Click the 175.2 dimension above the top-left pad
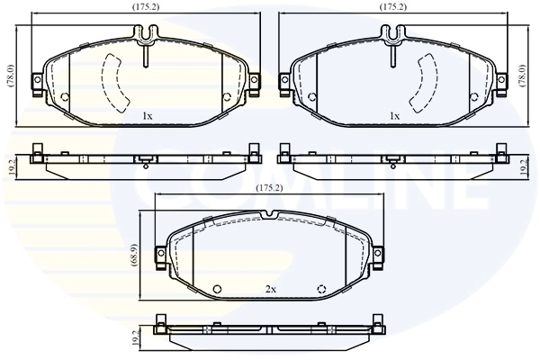coord(147,7)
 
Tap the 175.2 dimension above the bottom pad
coord(269,187)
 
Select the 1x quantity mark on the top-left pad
coord(147,116)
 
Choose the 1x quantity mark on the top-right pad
coord(394,116)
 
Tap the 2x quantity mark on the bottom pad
coord(271,288)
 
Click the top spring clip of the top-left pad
coord(146,36)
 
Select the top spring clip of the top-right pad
coord(393,36)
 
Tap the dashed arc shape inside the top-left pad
coord(114,81)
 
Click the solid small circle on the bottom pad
coord(217,288)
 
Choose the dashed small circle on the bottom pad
coord(322,288)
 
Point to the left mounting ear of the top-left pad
coord(37,84)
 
